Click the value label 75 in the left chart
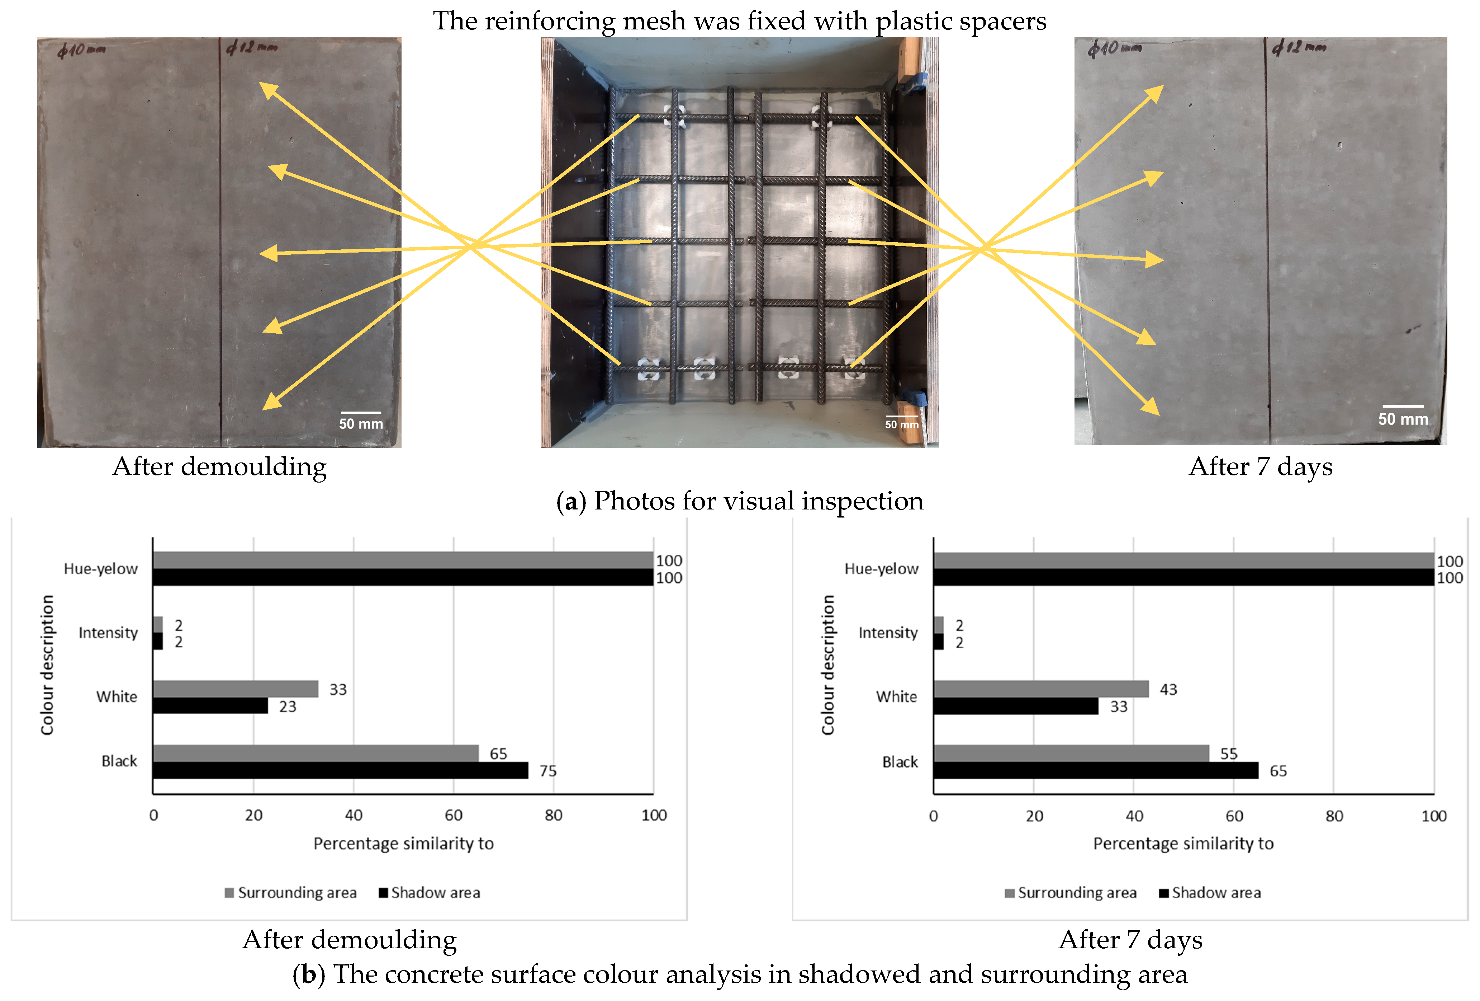(548, 771)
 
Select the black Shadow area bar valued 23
(210, 706)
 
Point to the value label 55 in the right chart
(1228, 754)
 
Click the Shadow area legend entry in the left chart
(430, 893)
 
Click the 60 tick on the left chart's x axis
(454, 815)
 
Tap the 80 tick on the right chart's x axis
(1334, 816)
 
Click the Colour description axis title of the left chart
(47, 664)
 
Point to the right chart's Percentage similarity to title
(1183, 843)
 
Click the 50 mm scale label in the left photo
(361, 424)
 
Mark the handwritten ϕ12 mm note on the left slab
(252, 47)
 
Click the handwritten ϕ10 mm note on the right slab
(1114, 48)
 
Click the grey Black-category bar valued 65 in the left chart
(315, 753)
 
